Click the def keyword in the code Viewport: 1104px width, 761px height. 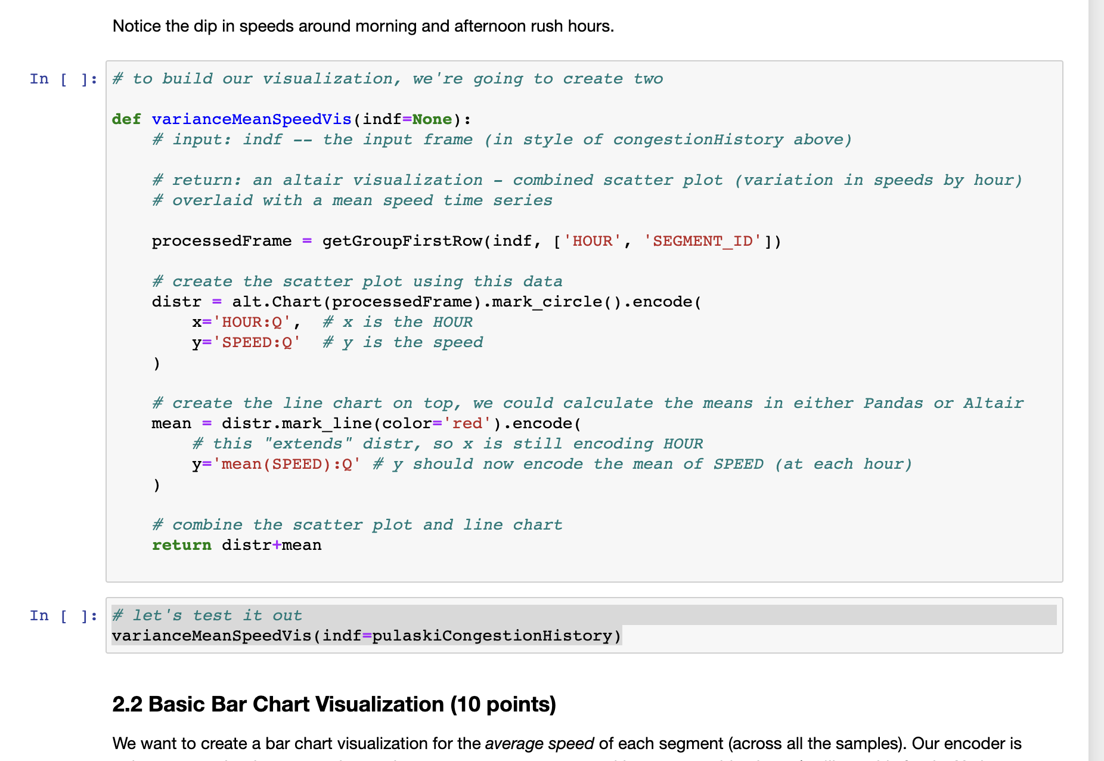pos(126,119)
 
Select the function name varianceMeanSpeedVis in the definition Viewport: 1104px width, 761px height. pos(252,119)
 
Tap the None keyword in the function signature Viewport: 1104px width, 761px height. pos(432,119)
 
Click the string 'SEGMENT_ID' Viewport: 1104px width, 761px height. pos(703,241)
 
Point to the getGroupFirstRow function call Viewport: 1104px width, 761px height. pos(402,241)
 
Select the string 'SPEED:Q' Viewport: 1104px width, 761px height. pos(256,342)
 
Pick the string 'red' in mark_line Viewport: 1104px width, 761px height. pos(467,423)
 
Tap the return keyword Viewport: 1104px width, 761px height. pos(181,545)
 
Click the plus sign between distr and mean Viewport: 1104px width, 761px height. pos(276,545)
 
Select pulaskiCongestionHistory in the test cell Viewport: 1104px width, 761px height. pos(492,636)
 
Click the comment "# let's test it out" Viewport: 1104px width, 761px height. pos(207,615)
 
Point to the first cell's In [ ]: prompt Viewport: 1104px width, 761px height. pos(63,79)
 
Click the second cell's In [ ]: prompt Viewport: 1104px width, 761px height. pos(63,615)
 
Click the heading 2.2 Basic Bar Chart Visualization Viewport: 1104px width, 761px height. pos(334,704)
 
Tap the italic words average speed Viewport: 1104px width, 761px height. pos(539,744)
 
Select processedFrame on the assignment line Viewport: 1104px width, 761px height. pos(221,241)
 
